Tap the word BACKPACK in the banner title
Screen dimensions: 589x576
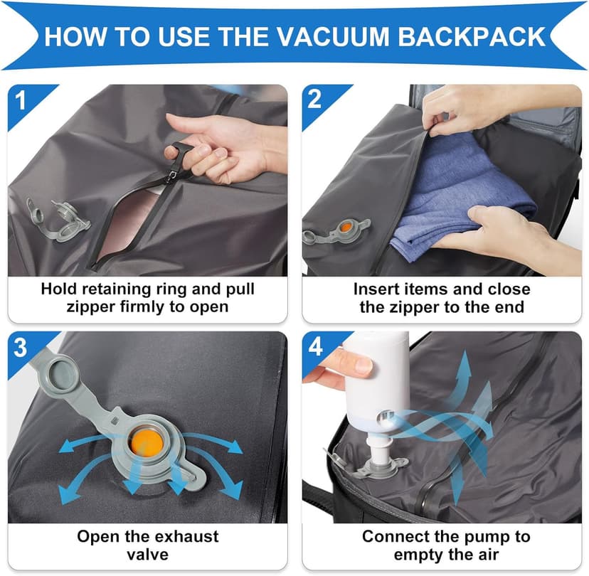[x=472, y=37]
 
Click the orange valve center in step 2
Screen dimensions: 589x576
[x=345, y=227]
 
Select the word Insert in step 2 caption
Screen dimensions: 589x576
[x=376, y=289]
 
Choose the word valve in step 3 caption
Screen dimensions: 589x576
[x=148, y=554]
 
